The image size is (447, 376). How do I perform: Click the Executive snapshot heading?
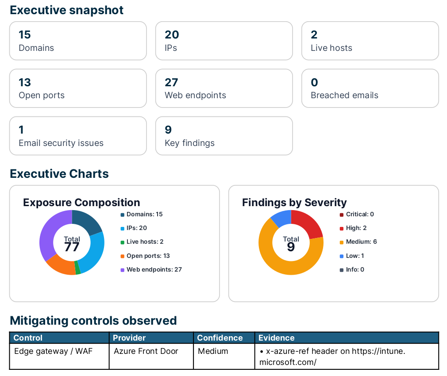(66, 10)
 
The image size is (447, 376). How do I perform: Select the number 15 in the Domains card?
(25, 35)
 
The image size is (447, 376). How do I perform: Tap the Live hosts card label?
(331, 48)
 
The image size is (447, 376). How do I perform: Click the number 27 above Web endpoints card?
(171, 82)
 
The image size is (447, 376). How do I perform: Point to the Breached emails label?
(344, 95)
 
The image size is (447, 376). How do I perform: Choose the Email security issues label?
(61, 143)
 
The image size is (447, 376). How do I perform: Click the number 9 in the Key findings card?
(168, 130)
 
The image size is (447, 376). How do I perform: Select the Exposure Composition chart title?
(81, 203)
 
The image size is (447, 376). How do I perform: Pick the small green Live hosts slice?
(78, 268)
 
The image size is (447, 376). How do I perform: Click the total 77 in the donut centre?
(72, 247)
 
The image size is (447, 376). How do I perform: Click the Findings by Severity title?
(294, 203)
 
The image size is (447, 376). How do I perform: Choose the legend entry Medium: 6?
(361, 242)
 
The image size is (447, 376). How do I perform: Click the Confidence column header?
(220, 338)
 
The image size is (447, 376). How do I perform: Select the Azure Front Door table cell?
(146, 351)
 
